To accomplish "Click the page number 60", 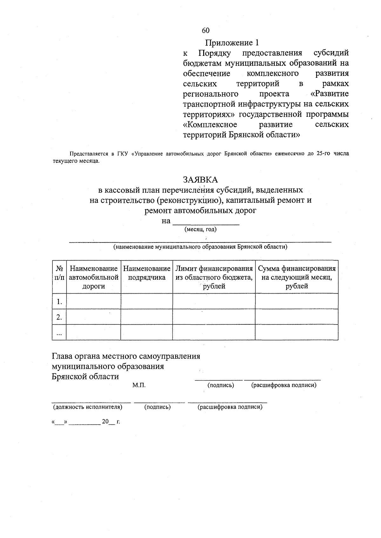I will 205,30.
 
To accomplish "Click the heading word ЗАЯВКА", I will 200,180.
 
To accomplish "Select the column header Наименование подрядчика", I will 147,273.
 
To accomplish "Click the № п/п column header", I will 59,273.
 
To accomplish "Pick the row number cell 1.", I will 59,302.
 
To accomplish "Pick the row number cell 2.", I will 59,317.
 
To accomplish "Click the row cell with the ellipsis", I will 59,332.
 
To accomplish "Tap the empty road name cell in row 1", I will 93,301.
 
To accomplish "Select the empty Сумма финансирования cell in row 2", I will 297,317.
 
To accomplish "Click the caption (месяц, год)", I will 200,229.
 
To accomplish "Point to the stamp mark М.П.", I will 139,385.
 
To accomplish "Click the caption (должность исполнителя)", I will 87,407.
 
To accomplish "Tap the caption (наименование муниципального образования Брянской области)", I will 200,247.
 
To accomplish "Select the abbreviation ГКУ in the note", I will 122,154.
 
